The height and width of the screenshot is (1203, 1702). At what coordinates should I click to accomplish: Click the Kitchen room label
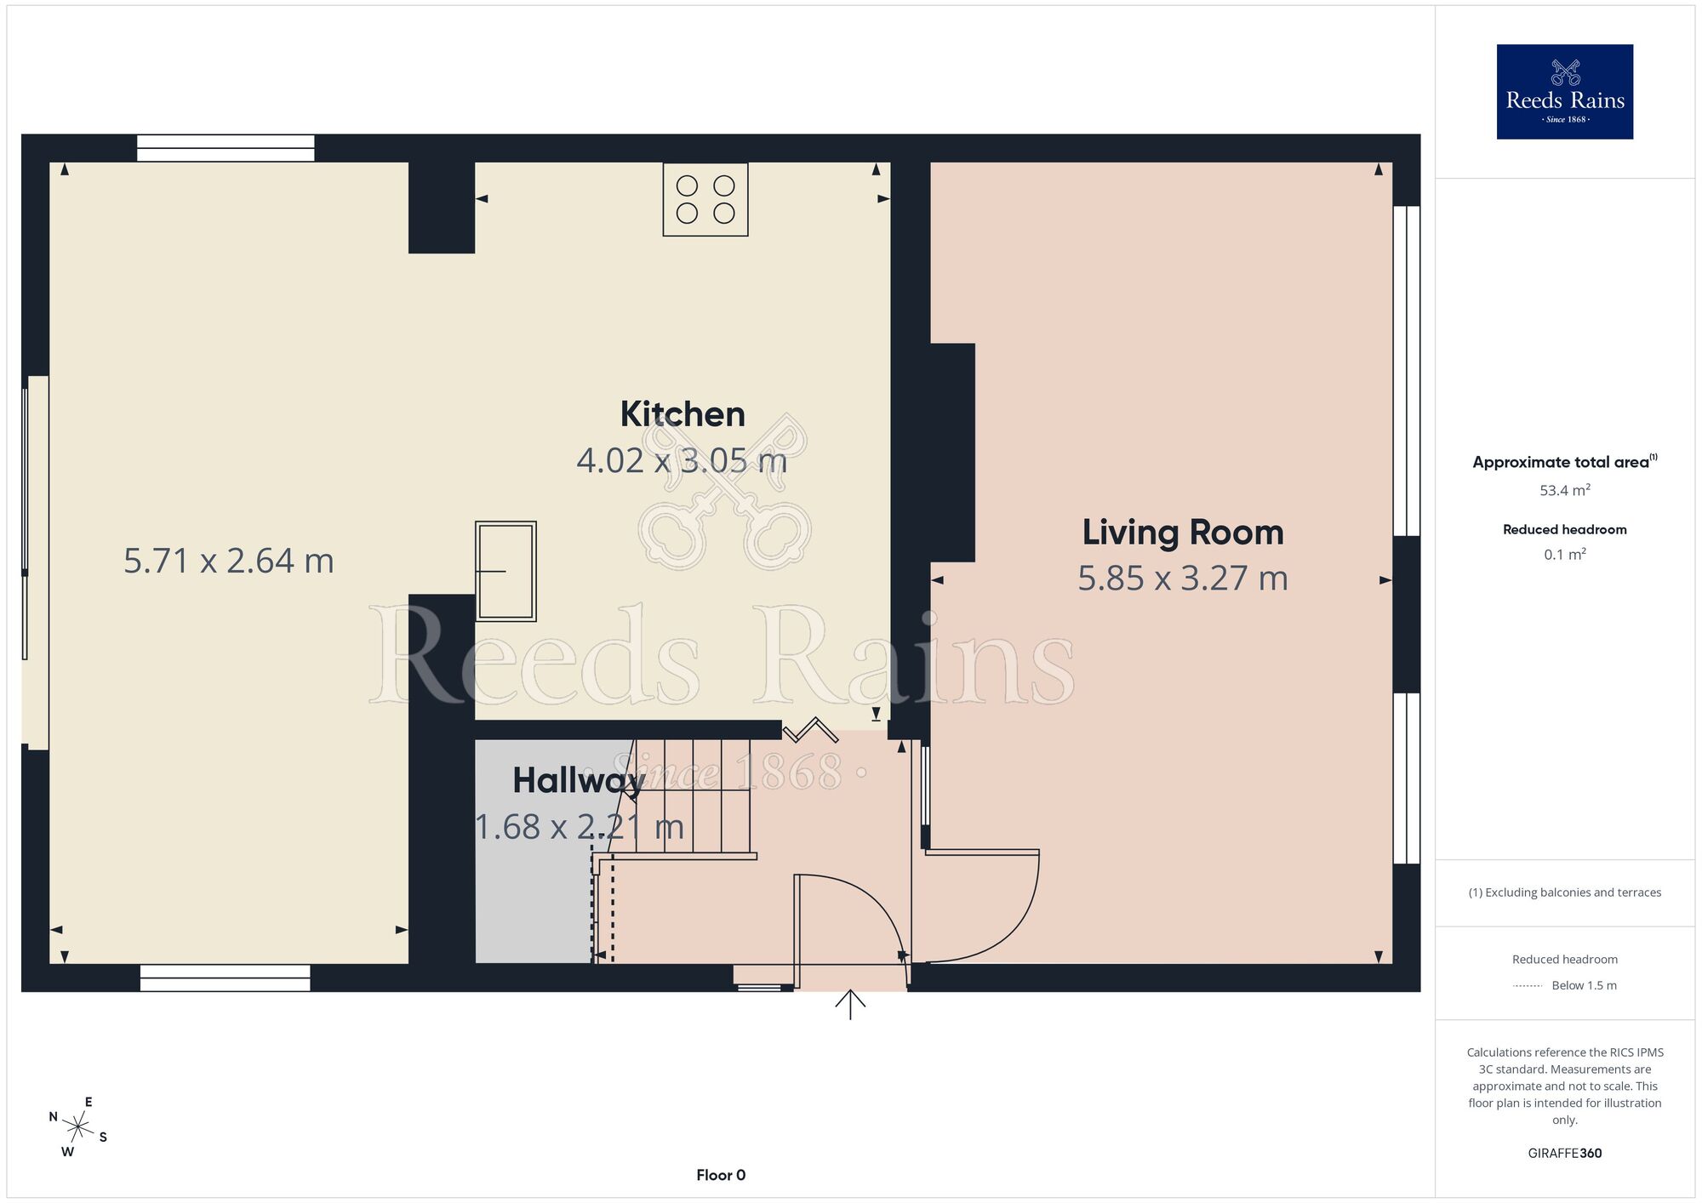pyautogui.click(x=683, y=414)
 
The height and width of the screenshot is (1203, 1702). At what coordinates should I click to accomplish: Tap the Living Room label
pyautogui.click(x=1183, y=533)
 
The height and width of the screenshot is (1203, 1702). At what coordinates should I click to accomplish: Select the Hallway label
pyautogui.click(x=578, y=781)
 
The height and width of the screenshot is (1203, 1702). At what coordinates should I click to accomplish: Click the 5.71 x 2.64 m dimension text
pyautogui.click(x=229, y=561)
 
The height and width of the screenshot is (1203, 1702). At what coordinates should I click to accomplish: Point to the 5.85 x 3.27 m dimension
pyautogui.click(x=1183, y=579)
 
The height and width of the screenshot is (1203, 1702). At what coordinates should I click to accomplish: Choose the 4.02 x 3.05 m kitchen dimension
pyautogui.click(x=682, y=460)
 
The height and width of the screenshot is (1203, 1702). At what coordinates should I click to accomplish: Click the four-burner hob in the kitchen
pyautogui.click(x=705, y=199)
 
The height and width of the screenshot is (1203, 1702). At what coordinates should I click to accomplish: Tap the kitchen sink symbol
pyautogui.click(x=505, y=571)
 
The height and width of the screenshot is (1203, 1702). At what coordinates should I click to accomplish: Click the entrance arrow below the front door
pyautogui.click(x=850, y=1004)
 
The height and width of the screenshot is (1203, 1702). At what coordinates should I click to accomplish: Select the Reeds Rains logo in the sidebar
pyautogui.click(x=1565, y=92)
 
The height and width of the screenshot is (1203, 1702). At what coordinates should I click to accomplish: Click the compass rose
pyautogui.click(x=78, y=1128)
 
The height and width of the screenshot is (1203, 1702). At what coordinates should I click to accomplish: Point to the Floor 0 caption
pyautogui.click(x=721, y=1175)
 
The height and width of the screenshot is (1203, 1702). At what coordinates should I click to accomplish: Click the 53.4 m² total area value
pyautogui.click(x=1565, y=490)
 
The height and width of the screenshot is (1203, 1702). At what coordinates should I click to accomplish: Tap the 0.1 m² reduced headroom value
pyautogui.click(x=1565, y=555)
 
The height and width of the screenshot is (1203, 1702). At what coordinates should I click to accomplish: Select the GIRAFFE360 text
pyautogui.click(x=1565, y=1154)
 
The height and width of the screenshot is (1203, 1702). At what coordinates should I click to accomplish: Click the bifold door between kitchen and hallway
pyautogui.click(x=810, y=730)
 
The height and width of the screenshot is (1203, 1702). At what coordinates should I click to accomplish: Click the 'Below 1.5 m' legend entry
pyautogui.click(x=1584, y=985)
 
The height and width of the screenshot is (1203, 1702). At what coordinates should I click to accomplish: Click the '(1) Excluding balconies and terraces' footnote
pyautogui.click(x=1565, y=892)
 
